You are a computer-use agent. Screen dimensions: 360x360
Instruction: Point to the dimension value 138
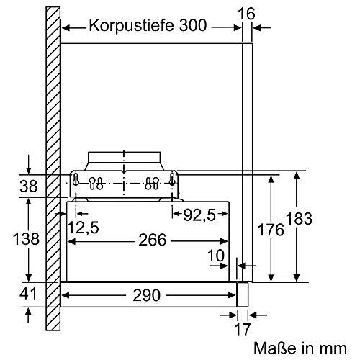pos(27,239)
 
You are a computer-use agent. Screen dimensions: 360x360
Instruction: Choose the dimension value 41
pos(27,295)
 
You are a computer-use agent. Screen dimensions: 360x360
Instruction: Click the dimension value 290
pos(150,295)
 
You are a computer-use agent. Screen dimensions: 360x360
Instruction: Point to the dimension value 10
pos(216,256)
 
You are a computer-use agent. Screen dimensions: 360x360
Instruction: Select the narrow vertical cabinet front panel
pos(248,158)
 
